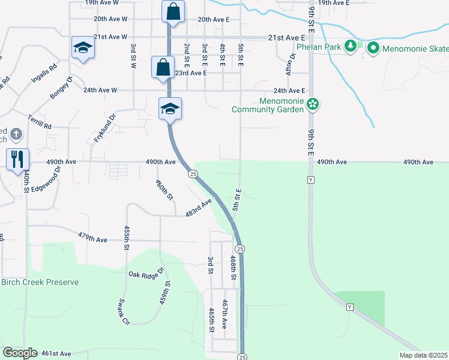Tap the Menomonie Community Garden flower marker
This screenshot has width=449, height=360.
pos(312,105)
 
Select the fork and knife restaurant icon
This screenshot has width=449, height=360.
pos(17,160)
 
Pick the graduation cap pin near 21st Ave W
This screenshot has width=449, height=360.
pos(82,47)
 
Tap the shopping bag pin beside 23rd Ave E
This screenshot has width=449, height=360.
pos(164,67)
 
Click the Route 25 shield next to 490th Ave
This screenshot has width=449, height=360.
pos(192,174)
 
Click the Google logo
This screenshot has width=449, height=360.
pos(20,353)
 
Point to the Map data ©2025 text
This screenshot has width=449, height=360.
pos(423,355)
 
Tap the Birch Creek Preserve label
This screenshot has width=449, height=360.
pos(40,282)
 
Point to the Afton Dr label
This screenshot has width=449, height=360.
pos(292,64)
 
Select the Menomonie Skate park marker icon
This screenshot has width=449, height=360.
pos(372,46)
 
